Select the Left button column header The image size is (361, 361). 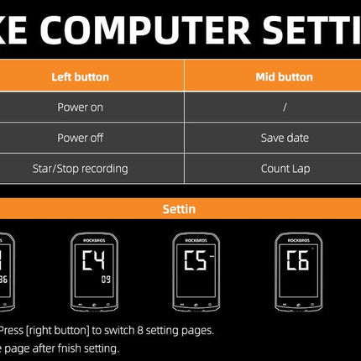[81, 77]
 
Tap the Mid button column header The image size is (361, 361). [284, 77]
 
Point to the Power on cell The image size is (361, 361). [81, 107]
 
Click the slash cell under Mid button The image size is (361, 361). [285, 107]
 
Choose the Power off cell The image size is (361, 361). [81, 138]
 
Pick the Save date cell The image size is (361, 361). [285, 138]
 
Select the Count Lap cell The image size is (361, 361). [285, 169]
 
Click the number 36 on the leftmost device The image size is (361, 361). [4, 280]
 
